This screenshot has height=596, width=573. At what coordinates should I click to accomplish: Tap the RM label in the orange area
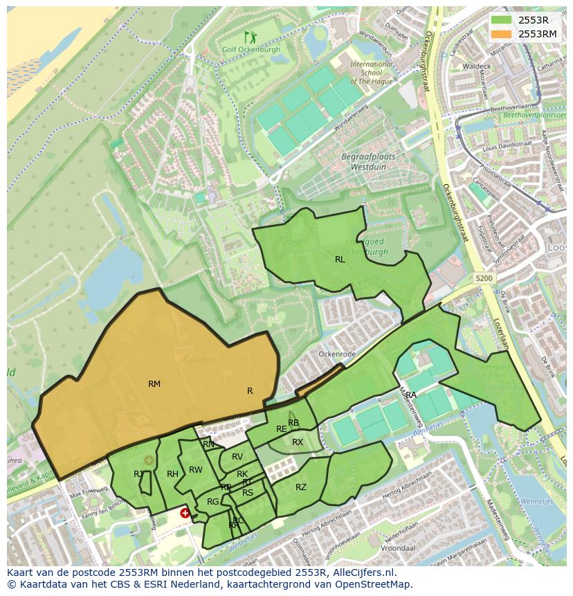(154, 383)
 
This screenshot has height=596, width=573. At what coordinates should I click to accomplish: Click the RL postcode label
(340, 260)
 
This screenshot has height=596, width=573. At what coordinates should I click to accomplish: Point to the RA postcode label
(411, 395)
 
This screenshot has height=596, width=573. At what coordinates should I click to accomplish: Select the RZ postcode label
(301, 487)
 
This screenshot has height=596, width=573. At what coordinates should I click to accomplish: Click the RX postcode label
(298, 442)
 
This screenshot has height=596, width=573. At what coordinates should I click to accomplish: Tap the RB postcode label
(293, 423)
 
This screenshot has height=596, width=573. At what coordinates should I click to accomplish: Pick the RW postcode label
(196, 470)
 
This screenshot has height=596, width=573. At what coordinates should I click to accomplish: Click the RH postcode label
(173, 473)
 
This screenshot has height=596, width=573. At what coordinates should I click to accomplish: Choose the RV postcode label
(237, 456)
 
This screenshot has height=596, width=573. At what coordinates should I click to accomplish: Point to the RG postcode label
(213, 501)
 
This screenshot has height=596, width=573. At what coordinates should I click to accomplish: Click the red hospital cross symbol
(185, 513)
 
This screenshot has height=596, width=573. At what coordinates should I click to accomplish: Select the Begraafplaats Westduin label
(368, 161)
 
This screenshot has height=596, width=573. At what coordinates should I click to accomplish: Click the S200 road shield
(484, 278)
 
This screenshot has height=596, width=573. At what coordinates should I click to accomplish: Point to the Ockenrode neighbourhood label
(337, 354)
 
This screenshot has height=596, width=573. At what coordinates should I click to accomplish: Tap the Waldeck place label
(477, 66)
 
